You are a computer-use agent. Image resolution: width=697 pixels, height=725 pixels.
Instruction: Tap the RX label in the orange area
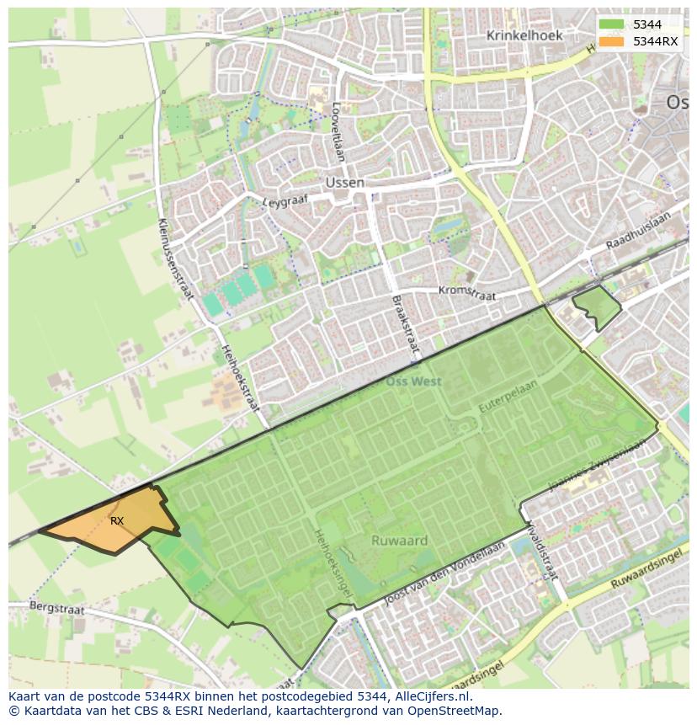point(117,521)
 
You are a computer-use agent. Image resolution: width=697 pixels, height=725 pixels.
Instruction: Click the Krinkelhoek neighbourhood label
point(524,35)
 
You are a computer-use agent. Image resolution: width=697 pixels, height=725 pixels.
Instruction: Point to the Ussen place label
point(345,183)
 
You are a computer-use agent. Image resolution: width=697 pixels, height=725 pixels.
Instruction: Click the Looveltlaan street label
point(337,132)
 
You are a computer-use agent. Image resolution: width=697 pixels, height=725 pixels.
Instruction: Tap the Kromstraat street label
point(467,292)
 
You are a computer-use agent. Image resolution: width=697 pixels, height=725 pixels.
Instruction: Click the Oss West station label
point(413,381)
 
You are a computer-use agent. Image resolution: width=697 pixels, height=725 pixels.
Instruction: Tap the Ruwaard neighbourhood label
point(399,541)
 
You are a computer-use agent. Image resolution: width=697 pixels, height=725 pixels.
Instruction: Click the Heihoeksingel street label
point(333,563)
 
